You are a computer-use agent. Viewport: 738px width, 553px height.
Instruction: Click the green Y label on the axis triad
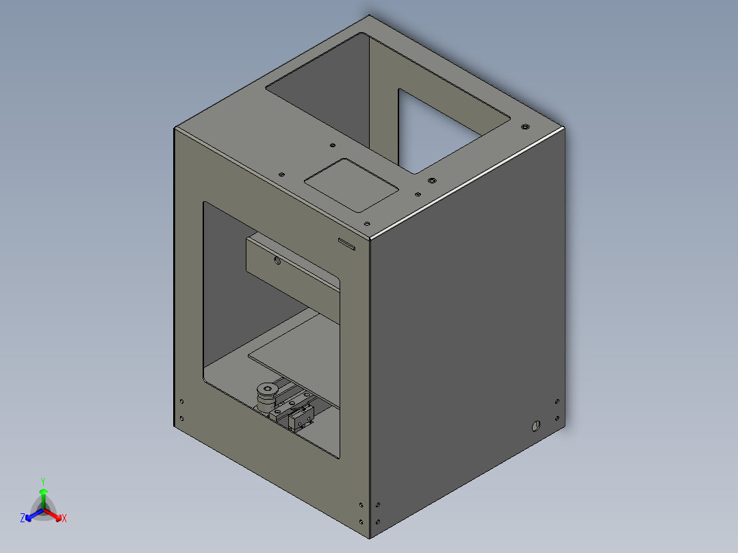click(x=42, y=481)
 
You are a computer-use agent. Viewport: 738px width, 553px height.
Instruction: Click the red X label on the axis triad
click(x=64, y=518)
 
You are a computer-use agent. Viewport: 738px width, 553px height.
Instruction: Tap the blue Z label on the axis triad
click(x=23, y=518)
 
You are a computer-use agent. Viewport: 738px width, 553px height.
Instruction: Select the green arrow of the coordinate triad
click(x=43, y=496)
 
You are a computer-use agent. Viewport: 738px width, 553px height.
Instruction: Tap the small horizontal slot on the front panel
click(x=346, y=243)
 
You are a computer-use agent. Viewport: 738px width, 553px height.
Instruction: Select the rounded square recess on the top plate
click(x=351, y=184)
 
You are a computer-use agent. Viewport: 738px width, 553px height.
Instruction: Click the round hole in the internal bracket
click(x=277, y=260)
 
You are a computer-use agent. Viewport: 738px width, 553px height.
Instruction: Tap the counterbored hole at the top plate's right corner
click(x=524, y=127)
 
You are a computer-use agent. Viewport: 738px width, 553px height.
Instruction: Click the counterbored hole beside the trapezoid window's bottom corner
click(x=431, y=180)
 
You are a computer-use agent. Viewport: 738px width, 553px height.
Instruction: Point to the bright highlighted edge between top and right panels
click(x=472, y=181)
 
